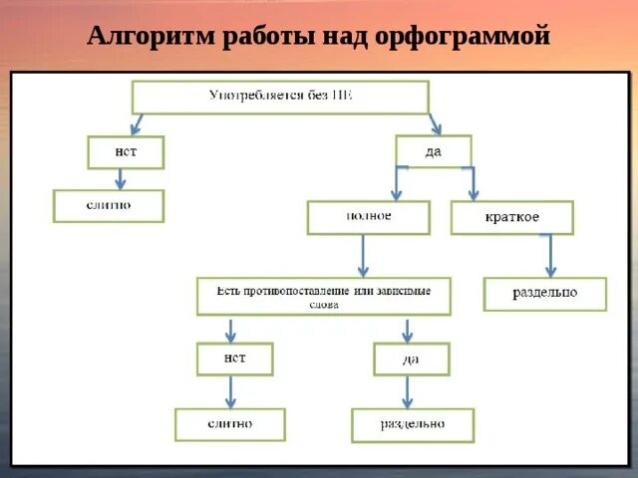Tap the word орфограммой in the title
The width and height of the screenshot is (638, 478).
(x=464, y=38)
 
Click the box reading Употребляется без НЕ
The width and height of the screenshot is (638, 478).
(x=280, y=98)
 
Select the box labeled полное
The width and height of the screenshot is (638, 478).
(x=368, y=217)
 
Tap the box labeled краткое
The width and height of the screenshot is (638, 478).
(x=511, y=217)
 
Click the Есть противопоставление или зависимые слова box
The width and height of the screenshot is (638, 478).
(x=323, y=296)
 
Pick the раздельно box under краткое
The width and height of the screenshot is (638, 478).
(x=544, y=294)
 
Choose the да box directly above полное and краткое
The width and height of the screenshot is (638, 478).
(x=433, y=151)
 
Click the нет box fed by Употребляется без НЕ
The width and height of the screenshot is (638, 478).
(x=125, y=152)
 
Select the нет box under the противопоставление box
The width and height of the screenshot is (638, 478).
(x=234, y=358)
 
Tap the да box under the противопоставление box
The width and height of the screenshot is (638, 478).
(x=411, y=358)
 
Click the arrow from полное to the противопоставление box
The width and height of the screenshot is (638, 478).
(x=364, y=256)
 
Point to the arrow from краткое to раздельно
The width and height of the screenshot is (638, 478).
(x=549, y=255)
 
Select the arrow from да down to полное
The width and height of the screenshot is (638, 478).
(x=397, y=183)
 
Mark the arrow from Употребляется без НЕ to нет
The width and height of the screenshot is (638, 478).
(x=138, y=123)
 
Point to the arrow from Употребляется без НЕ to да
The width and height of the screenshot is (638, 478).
(x=434, y=123)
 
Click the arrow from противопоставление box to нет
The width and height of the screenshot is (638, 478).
(x=230, y=330)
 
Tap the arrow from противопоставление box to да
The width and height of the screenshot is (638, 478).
(x=407, y=330)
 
